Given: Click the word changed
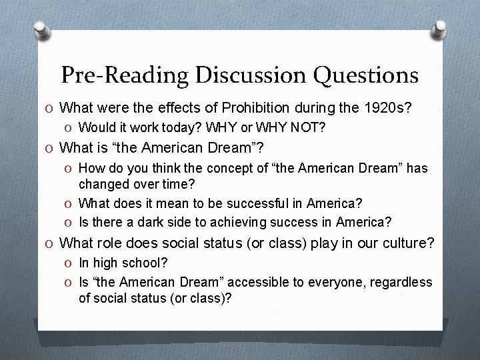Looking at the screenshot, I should tap(102, 182).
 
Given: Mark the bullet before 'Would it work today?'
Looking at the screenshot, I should tap(69, 127).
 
